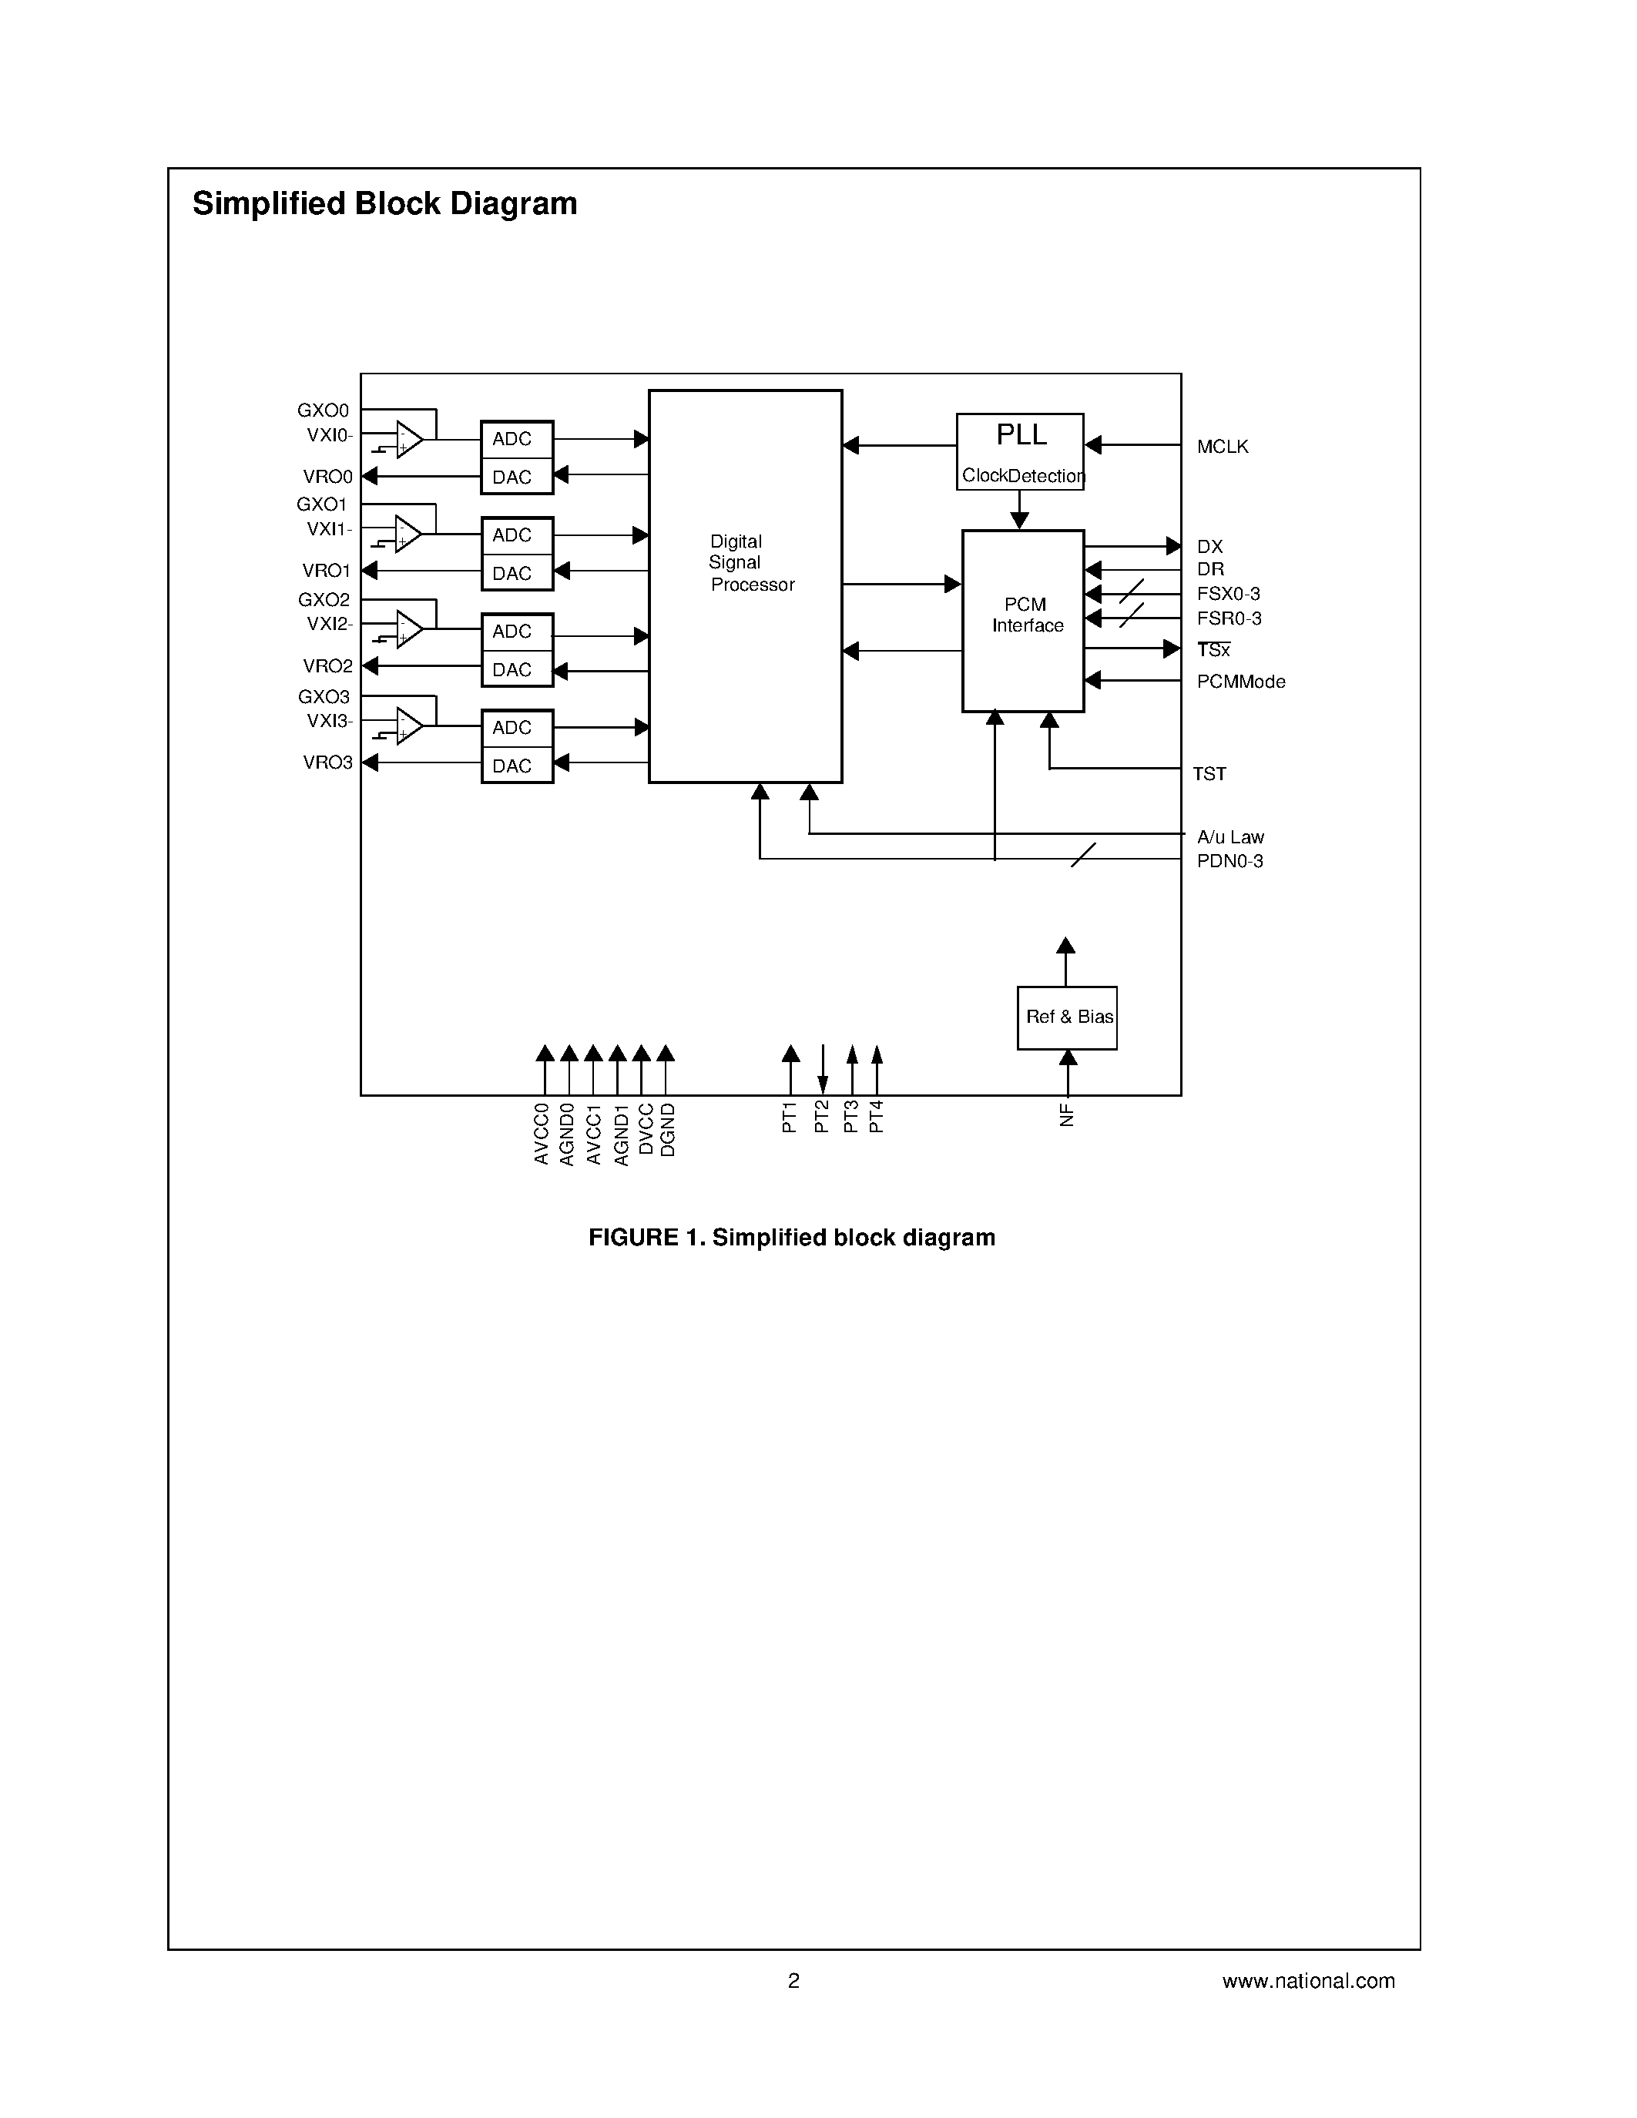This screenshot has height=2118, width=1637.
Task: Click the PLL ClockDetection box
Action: point(1019,451)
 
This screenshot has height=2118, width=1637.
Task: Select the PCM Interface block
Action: point(1022,621)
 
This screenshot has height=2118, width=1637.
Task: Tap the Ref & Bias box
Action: point(1067,1017)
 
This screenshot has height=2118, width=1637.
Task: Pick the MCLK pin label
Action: point(1222,447)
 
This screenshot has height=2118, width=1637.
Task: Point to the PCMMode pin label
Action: point(1240,682)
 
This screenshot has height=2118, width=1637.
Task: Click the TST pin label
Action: point(1209,774)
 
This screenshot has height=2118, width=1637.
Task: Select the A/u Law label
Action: point(1229,837)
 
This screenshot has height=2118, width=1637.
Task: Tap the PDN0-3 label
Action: point(1229,861)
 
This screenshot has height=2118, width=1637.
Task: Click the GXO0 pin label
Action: point(323,411)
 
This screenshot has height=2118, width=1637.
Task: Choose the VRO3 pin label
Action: point(328,762)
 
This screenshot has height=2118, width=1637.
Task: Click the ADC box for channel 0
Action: point(517,439)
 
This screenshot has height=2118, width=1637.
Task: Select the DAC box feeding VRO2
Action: point(517,669)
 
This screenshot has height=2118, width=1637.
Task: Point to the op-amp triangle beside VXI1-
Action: point(408,535)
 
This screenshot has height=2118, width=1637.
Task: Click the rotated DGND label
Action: point(667,1130)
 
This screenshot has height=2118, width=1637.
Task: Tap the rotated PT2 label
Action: point(821,1118)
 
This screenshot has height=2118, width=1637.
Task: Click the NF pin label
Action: point(1067,1115)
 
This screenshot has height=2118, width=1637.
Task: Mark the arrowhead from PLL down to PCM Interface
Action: point(1019,521)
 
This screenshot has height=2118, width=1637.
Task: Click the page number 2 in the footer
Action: point(793,1980)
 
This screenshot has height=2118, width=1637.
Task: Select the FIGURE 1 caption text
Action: point(791,1238)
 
